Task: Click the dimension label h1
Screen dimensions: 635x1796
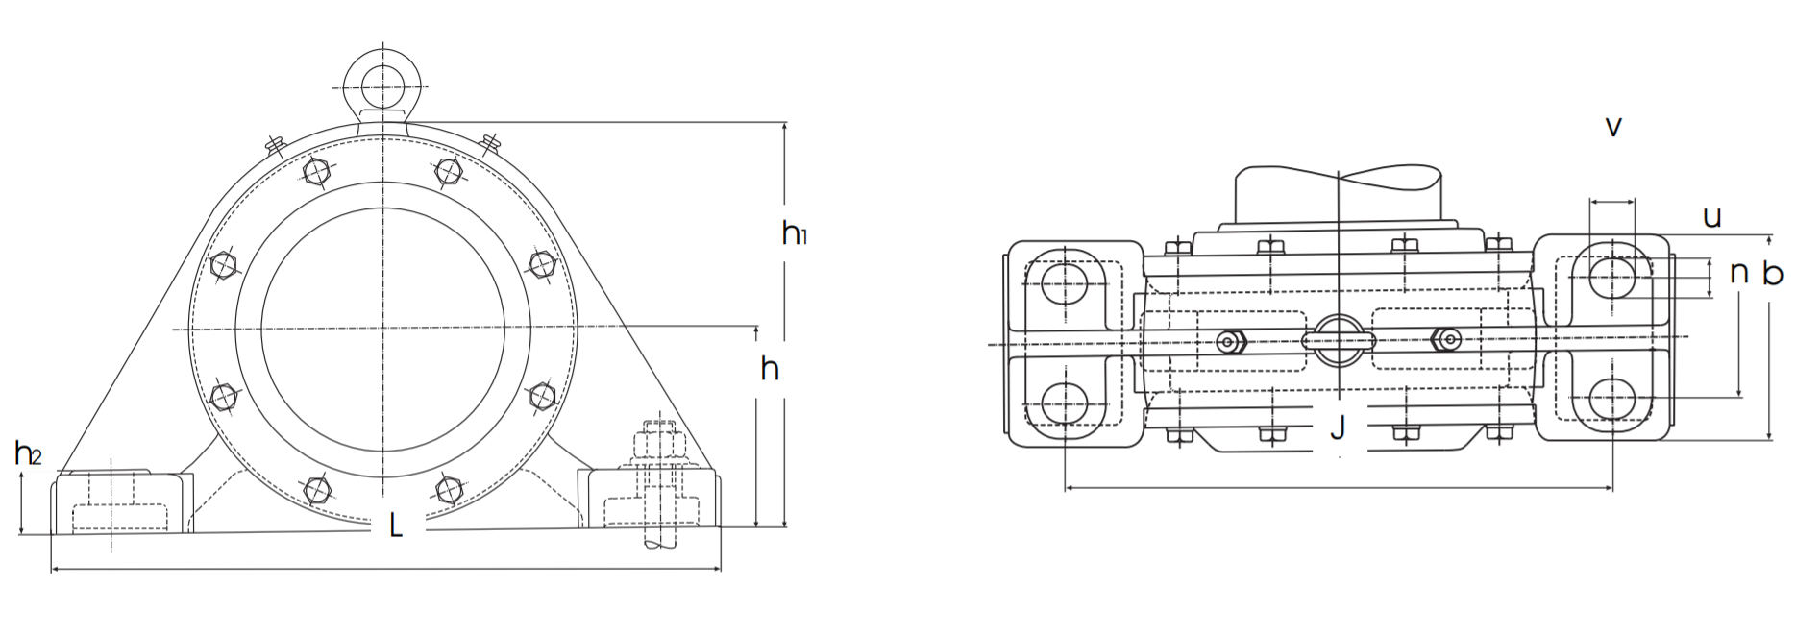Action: tap(794, 232)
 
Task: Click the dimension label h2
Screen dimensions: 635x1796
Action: tap(27, 452)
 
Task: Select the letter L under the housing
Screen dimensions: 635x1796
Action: tap(395, 526)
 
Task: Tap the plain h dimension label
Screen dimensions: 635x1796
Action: tap(770, 369)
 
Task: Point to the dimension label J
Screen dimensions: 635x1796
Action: tap(1338, 428)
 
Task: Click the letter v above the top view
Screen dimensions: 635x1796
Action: tap(1613, 127)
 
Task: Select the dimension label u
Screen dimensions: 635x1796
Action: tap(1712, 217)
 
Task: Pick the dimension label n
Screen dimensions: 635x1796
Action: tap(1738, 273)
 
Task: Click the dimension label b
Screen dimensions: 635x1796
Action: tap(1772, 274)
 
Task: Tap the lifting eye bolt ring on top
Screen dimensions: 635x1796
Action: tap(383, 79)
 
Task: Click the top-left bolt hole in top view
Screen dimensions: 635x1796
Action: tap(1065, 281)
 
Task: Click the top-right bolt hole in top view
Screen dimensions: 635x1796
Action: tap(1611, 278)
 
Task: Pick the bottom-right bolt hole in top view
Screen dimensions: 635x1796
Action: tap(1611, 399)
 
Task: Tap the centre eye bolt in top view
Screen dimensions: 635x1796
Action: tap(1338, 340)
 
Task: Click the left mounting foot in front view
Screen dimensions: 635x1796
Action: tap(117, 501)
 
